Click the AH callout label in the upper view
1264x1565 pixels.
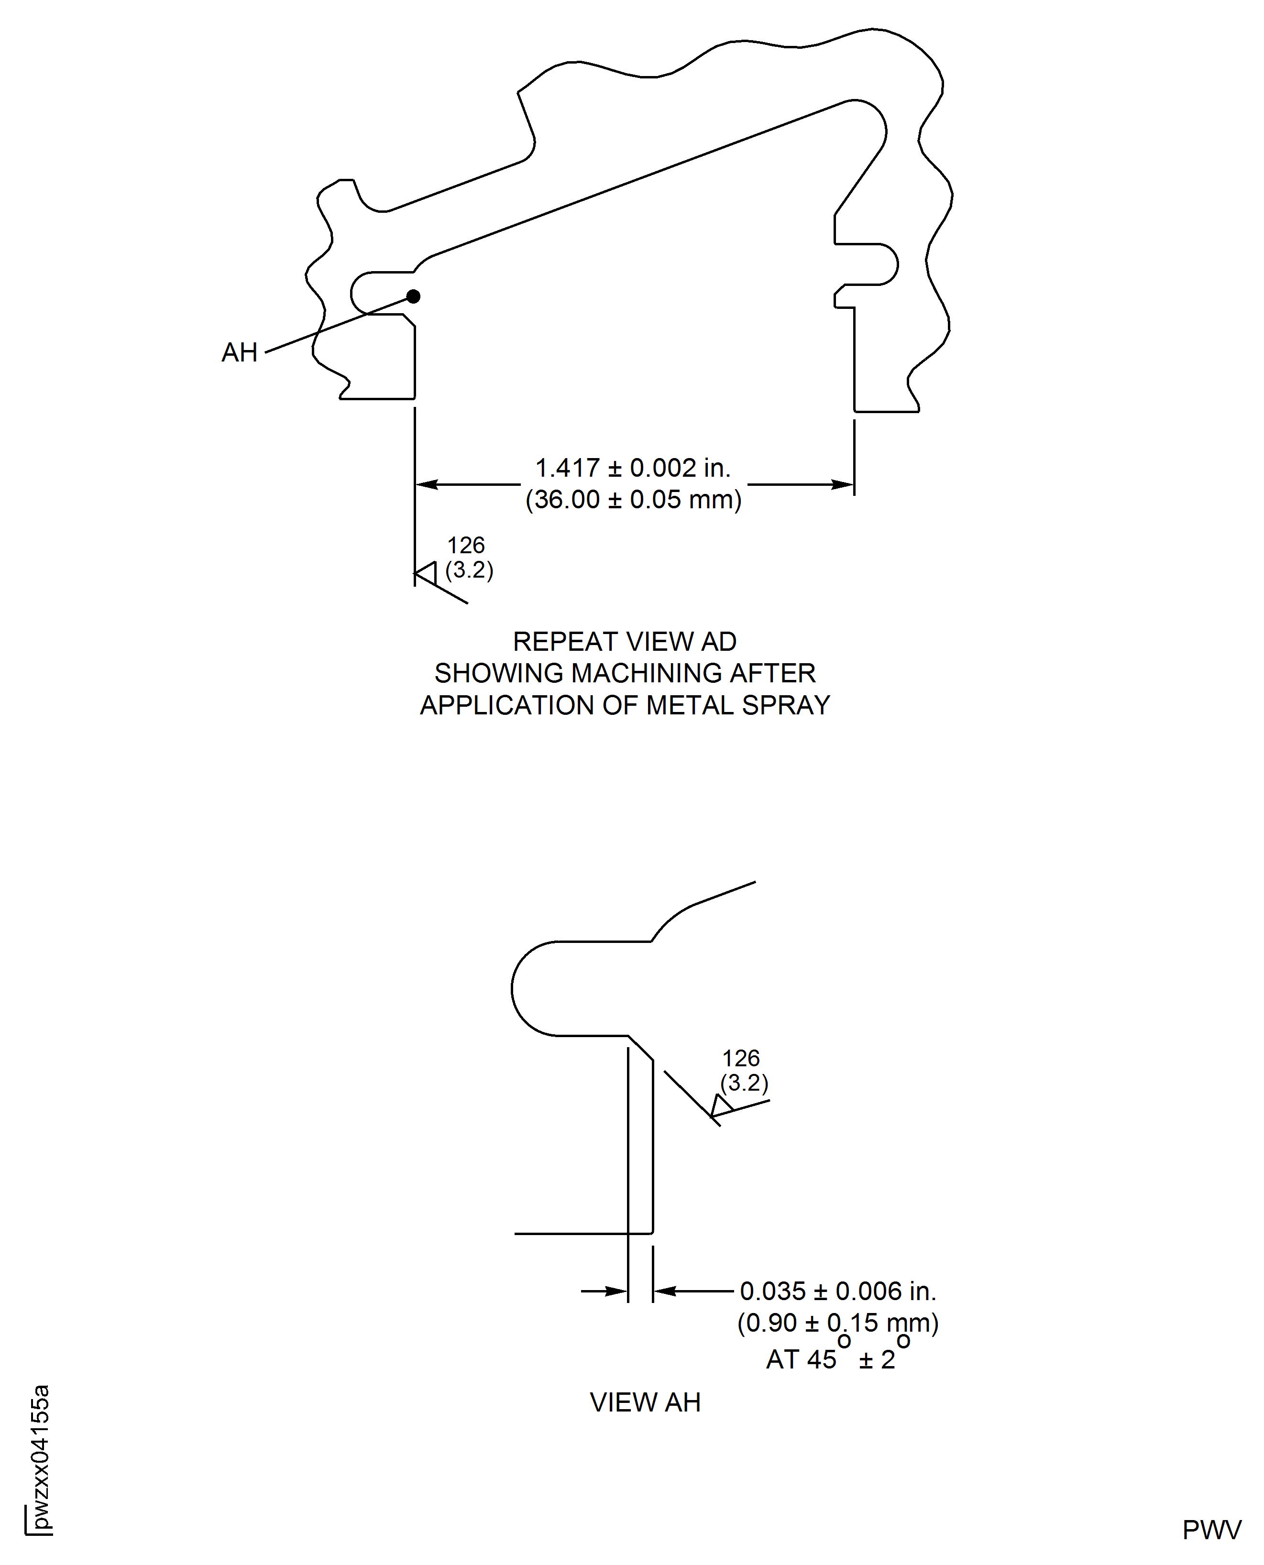240,352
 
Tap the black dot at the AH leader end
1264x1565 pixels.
413,296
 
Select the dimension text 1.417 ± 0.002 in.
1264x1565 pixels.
633,468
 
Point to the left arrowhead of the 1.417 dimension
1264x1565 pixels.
428,484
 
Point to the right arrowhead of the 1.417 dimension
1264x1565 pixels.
842,484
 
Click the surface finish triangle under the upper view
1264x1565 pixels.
426,573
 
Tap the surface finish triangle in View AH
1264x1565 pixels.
721,1105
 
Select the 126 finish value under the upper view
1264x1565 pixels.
466,545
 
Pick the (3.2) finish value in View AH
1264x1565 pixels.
744,1083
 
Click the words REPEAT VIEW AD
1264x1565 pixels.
625,641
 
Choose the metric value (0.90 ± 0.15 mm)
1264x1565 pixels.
838,1322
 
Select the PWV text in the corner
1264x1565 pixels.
1211,1530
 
